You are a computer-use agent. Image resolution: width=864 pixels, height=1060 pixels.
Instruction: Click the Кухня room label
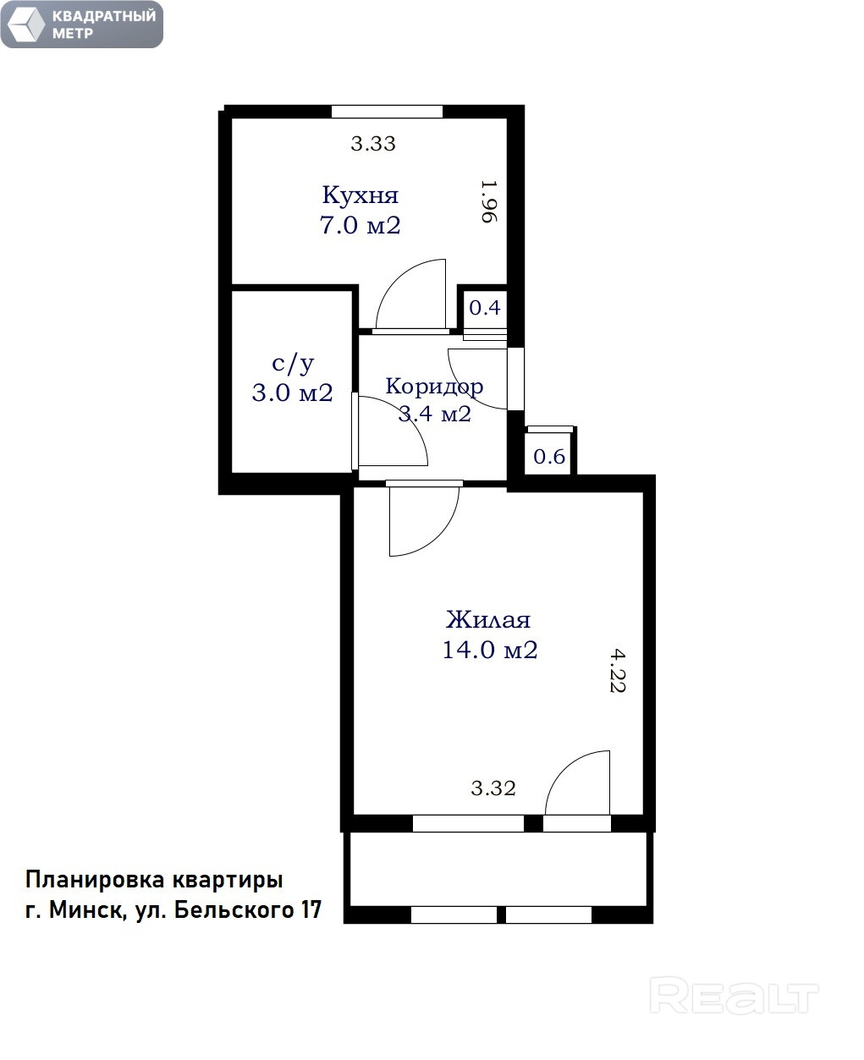pyautogui.click(x=360, y=195)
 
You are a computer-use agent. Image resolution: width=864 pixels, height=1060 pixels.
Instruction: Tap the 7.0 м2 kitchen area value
pyautogui.click(x=360, y=225)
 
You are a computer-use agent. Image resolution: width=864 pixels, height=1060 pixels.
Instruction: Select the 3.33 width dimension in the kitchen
pyautogui.click(x=373, y=143)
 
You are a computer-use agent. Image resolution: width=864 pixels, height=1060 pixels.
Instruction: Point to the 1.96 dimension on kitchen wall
pyautogui.click(x=489, y=201)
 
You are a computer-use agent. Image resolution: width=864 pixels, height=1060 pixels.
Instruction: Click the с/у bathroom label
pyautogui.click(x=293, y=363)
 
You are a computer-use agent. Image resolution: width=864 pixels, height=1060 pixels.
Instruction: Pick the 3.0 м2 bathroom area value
pyautogui.click(x=292, y=393)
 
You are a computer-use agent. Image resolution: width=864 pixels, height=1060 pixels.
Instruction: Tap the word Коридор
pyautogui.click(x=434, y=387)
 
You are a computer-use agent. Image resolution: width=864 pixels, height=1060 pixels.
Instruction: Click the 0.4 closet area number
pyautogui.click(x=485, y=308)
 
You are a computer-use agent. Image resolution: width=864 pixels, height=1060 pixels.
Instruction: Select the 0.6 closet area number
pyautogui.click(x=549, y=456)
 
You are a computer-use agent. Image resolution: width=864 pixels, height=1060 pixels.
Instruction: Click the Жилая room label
pyautogui.click(x=488, y=620)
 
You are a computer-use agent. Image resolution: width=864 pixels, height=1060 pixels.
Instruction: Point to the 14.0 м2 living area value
pyautogui.click(x=490, y=650)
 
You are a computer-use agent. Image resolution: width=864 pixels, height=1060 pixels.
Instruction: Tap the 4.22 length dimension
pyautogui.click(x=618, y=670)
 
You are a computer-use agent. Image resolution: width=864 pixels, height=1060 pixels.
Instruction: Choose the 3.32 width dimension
pyautogui.click(x=493, y=788)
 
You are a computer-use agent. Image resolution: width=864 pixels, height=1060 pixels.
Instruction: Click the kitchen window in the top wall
pyautogui.click(x=387, y=112)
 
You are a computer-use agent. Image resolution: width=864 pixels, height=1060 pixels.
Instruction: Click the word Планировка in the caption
pyautogui.click(x=95, y=881)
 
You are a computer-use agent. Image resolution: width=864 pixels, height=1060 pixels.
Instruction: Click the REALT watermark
pyautogui.click(x=734, y=995)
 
